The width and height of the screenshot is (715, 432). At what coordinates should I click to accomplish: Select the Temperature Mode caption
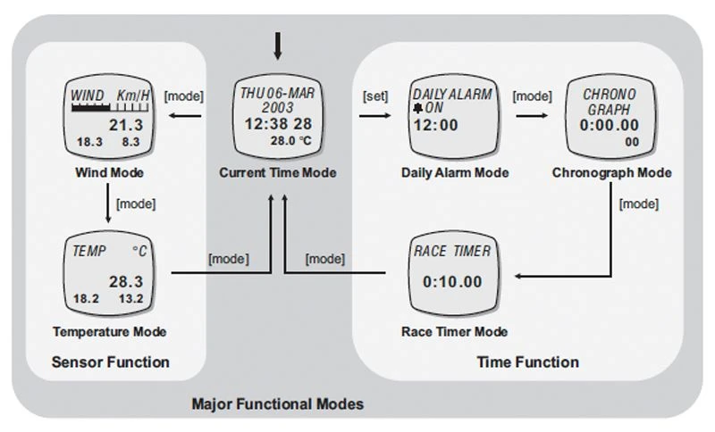pos(110,332)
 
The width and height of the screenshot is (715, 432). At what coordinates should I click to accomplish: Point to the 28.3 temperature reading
pos(126,281)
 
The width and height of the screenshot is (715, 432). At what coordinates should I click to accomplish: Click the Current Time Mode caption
pos(278,172)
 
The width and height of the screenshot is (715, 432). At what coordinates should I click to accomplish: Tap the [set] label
pos(374,94)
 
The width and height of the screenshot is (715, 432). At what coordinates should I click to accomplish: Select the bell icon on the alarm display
pos(417,108)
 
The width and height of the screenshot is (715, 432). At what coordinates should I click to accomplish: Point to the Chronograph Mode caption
pos(612,172)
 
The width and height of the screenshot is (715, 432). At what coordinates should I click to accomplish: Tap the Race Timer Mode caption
pos(454,332)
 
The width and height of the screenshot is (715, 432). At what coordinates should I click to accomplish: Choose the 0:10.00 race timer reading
pos(451,282)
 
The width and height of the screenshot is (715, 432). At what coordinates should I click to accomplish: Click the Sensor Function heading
pos(110,362)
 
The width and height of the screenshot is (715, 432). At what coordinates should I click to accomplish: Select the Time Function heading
pos(527,362)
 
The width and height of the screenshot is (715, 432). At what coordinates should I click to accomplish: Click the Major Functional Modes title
pos(278,404)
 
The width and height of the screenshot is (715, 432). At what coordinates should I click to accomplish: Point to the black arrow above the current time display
pos(278,44)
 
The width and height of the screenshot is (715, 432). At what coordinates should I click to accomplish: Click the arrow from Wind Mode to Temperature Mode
pos(108,203)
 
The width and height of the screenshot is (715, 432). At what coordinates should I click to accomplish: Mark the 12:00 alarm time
pos(435,125)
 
